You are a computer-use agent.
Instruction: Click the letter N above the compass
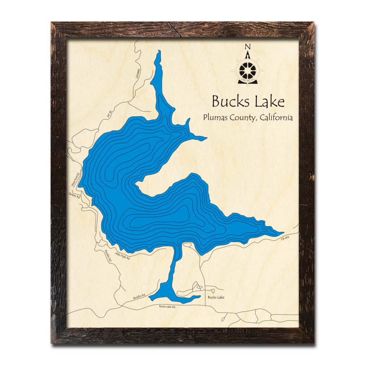[x=248, y=47]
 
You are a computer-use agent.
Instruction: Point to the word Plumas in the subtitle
[x=216, y=118]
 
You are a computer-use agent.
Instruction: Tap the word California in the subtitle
[x=276, y=117]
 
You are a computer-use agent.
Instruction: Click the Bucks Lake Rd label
[x=167, y=307]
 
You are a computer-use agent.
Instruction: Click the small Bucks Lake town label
[x=216, y=297]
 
